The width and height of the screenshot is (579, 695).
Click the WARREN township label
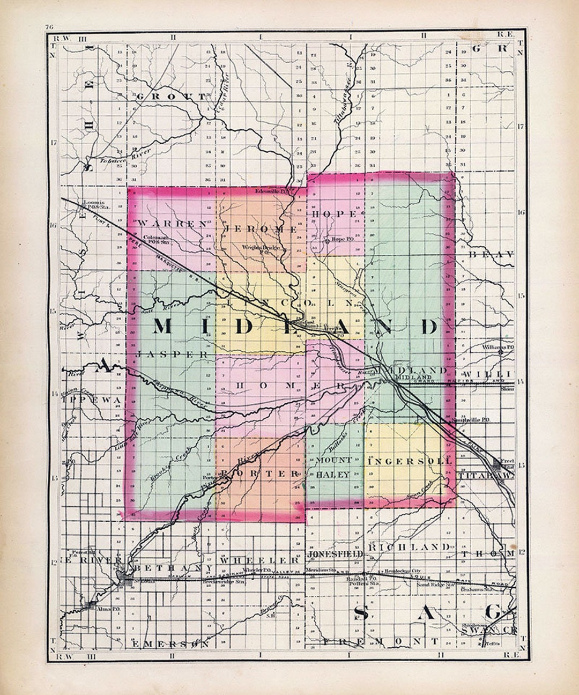click(172, 224)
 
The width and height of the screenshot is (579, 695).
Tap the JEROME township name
click(254, 228)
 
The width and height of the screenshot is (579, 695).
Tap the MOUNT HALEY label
click(333, 467)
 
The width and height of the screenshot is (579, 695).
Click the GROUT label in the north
click(170, 97)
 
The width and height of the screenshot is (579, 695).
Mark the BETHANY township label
click(167, 567)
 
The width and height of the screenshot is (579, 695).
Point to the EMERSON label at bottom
click(170, 643)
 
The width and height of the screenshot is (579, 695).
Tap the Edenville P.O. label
click(272, 191)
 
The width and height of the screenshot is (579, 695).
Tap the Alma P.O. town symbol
click(89, 605)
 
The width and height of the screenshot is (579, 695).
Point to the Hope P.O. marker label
click(341, 239)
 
